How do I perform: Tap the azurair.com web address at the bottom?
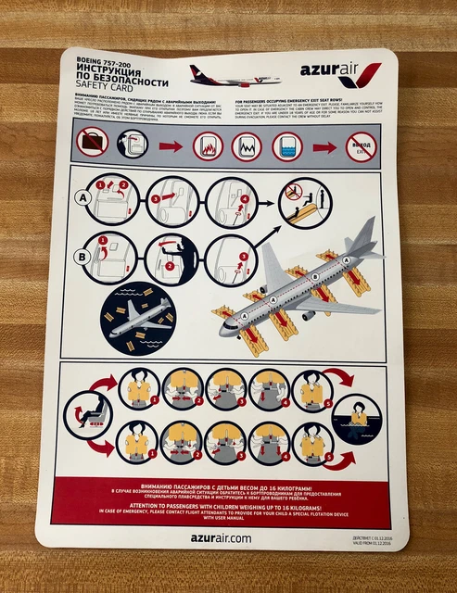point(222,536)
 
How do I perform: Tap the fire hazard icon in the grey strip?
point(206,145)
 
